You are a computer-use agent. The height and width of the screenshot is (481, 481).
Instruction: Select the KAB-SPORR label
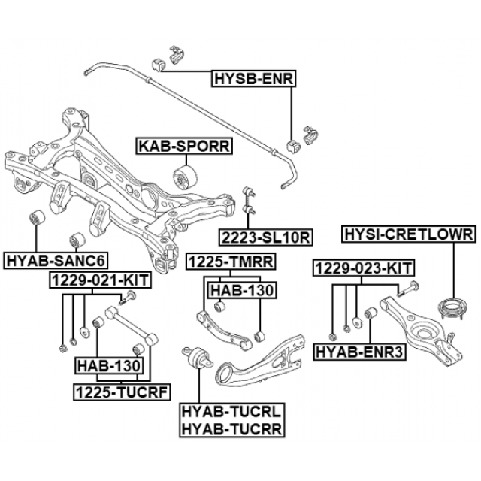pos(183,146)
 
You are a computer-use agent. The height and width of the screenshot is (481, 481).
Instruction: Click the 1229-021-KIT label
pos(100,280)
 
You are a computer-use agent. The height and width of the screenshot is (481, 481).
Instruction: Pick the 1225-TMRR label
pos(230,262)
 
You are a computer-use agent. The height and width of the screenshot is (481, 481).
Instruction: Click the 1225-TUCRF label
pos(121,391)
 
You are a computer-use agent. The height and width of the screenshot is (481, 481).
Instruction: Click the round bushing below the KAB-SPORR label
pos(185,177)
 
